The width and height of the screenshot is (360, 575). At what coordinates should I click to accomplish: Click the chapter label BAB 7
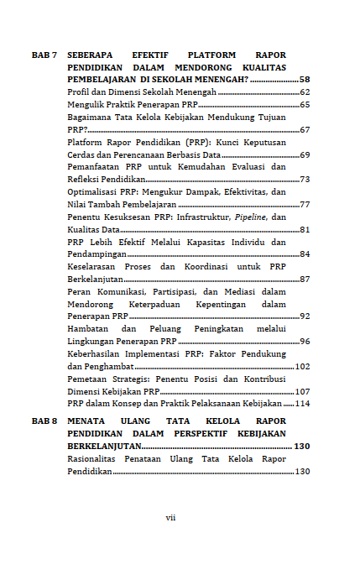coord(44,54)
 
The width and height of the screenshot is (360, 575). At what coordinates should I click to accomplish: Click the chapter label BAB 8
coord(44,420)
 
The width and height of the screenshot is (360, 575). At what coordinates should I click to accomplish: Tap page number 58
coord(305,79)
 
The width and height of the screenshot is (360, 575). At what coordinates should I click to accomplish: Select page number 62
coord(305,91)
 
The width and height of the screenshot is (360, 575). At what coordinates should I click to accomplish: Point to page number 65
coord(305,105)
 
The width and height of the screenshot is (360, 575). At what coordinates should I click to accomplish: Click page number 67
coord(305,130)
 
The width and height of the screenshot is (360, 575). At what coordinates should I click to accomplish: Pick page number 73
coord(305,180)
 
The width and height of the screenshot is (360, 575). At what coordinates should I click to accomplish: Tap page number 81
coord(305,229)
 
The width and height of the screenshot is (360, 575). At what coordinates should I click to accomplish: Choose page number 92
coord(305,316)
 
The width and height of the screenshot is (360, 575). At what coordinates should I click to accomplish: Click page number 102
coord(302,366)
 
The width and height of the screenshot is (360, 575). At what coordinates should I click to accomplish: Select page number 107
coord(302,391)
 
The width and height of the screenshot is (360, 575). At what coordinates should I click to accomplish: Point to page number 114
coord(302,404)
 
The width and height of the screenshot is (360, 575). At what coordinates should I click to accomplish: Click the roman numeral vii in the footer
coord(170,517)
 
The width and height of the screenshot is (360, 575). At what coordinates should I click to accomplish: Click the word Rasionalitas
coord(92,458)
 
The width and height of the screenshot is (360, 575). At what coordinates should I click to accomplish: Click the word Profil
coord(78,91)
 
